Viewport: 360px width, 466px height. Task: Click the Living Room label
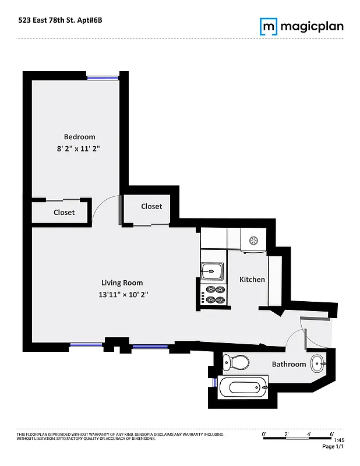point(122,283)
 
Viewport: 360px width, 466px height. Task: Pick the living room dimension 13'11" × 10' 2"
point(123,295)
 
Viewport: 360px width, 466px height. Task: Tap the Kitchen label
point(252,280)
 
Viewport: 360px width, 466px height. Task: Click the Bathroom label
point(289,365)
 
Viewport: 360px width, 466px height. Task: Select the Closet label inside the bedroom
point(64,213)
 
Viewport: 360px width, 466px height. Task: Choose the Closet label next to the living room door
point(151,206)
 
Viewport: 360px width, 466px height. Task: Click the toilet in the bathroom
point(236,362)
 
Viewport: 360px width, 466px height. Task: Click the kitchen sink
point(211,270)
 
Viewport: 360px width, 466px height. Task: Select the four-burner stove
point(214,295)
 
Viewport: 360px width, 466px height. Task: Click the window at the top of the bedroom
point(103,77)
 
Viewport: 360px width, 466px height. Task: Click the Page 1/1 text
point(333,447)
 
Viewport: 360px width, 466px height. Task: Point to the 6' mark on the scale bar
point(331,434)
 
